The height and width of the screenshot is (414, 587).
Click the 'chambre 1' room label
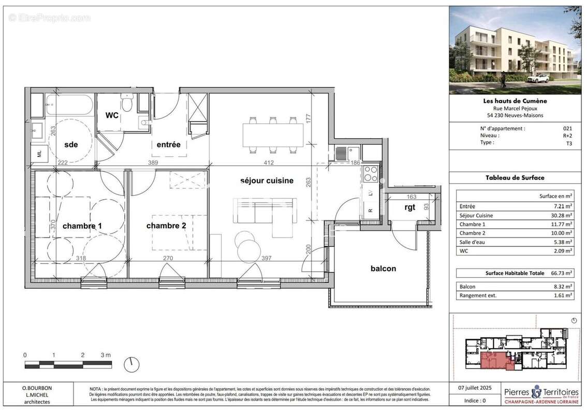tap(82, 226)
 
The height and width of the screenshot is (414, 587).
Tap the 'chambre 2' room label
tap(166, 226)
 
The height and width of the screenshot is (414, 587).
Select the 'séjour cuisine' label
tap(267, 181)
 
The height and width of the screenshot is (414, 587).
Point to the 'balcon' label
tap(383, 269)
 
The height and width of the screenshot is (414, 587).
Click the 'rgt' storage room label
tap(410, 207)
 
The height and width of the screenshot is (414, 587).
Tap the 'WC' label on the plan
tap(112, 115)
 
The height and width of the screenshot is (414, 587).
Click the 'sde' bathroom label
tap(71, 145)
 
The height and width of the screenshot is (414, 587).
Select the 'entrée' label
tap(168, 145)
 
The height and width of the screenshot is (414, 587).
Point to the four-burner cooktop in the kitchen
tap(371, 173)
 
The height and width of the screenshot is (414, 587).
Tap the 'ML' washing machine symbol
tap(39, 153)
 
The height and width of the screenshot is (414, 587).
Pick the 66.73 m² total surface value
tap(562, 273)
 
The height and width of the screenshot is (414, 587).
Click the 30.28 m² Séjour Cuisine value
tap(562, 215)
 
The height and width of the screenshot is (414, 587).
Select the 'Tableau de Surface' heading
tap(515, 178)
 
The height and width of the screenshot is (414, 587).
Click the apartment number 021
tap(568, 128)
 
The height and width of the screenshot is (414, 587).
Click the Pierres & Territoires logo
tap(541, 395)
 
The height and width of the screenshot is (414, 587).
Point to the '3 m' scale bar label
tap(106, 355)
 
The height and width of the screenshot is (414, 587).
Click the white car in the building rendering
tap(539, 79)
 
